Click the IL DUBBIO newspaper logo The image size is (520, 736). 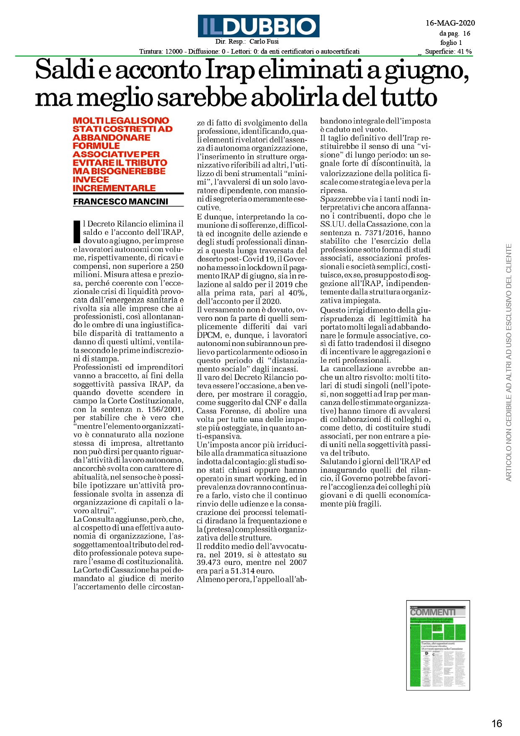point(259,26)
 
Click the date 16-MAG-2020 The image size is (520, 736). point(450,23)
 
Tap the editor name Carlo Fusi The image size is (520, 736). point(264,42)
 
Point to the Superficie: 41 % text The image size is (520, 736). point(448,52)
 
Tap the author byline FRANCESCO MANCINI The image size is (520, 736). point(121,202)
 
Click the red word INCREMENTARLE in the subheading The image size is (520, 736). point(114,188)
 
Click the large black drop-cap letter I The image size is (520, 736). point(77,232)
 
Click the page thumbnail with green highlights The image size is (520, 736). point(438,645)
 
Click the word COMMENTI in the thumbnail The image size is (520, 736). point(432,612)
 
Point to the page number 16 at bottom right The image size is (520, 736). point(497,723)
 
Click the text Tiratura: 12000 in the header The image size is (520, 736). point(161,52)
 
